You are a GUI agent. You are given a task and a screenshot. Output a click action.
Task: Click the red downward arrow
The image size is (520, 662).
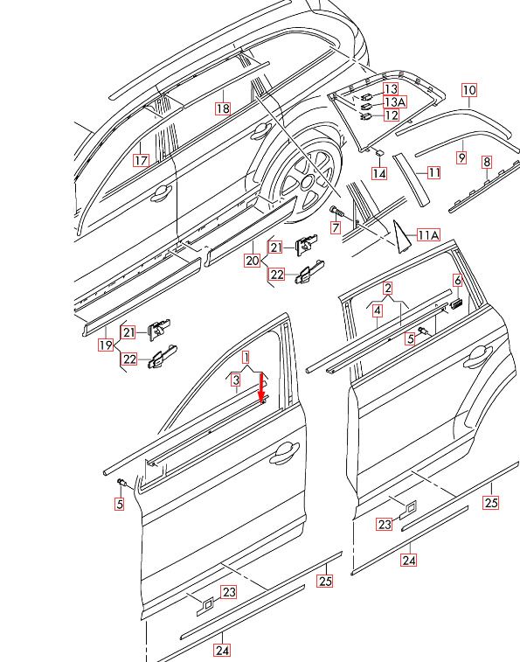pos(261,387)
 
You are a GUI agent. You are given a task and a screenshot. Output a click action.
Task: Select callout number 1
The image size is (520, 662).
pos(246,358)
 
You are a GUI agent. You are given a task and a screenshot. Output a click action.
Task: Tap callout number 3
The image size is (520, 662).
pos(236,380)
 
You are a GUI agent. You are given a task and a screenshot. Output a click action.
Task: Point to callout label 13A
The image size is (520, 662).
pos(395,101)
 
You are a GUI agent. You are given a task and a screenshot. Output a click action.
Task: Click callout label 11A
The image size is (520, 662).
pos(428,235)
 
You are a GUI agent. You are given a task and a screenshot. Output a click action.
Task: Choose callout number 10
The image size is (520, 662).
pos(469,90)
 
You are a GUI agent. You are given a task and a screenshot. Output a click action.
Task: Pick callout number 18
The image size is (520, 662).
pos(223,108)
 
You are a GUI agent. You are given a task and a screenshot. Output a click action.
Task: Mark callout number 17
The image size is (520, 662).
pos(141,160)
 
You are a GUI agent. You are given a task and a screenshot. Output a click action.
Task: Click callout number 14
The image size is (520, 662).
pos(379,173)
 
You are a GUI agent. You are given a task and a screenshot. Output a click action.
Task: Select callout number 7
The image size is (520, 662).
pos(336,228)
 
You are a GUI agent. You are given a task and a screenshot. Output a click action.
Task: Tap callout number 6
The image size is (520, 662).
pos(458,280)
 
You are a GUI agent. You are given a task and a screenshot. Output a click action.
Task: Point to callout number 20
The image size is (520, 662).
pos(253,261)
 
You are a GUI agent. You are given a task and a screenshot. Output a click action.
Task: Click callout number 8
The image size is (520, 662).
pos(487,162)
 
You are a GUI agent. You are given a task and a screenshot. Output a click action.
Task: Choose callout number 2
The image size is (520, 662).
pos(387,288)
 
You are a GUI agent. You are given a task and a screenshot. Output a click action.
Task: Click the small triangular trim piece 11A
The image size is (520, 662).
pos(400,238)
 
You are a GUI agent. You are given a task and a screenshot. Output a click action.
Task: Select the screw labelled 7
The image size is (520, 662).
pos(336,212)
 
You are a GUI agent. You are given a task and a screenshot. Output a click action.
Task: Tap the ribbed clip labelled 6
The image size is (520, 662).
pos(456,303)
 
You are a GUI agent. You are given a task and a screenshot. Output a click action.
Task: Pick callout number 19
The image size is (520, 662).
pos(106,345)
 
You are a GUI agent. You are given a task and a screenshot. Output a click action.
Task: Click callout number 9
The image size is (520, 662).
pos(462,157)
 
